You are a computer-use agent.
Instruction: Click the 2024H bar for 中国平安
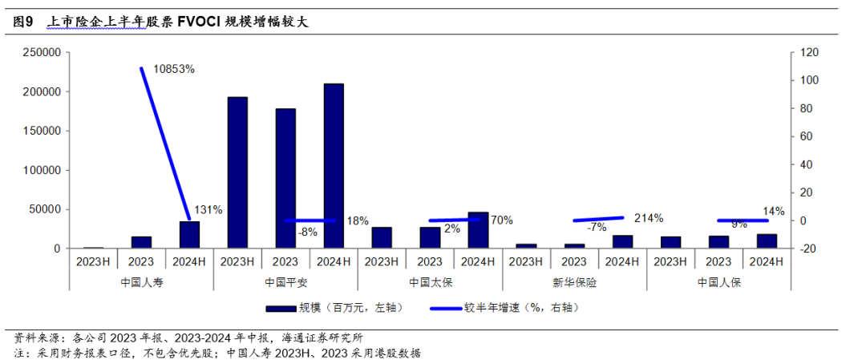click(333, 166)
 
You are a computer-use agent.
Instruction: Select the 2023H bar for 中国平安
click(237, 172)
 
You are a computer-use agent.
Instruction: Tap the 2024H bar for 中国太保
click(478, 230)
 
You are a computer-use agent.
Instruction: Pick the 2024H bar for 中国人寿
click(189, 235)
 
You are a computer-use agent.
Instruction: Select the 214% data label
click(648, 217)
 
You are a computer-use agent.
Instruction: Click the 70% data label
click(501, 220)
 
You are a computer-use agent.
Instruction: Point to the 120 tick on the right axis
click(805, 52)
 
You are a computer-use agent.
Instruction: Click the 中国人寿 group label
click(141, 282)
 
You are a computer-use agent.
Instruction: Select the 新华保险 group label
click(574, 282)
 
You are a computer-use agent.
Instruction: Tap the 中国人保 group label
click(718, 282)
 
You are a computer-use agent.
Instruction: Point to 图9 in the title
click(23, 22)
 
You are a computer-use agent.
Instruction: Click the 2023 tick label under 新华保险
click(574, 261)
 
